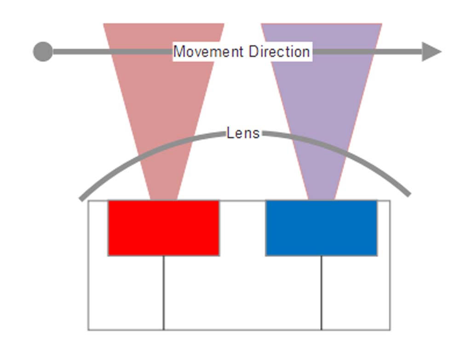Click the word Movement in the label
[209, 51]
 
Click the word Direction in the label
[279, 51]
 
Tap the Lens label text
[243, 133]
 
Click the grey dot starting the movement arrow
[43, 51]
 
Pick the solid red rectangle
[163, 228]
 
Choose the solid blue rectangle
[321, 228]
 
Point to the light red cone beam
[163, 101]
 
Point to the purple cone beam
[321, 101]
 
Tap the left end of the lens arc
[81, 199]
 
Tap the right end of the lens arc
[408, 195]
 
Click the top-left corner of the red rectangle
[109, 201]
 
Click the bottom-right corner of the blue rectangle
[377, 255]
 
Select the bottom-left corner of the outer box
[88, 330]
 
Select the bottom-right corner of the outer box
[390, 330]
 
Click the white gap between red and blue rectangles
[242, 228]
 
